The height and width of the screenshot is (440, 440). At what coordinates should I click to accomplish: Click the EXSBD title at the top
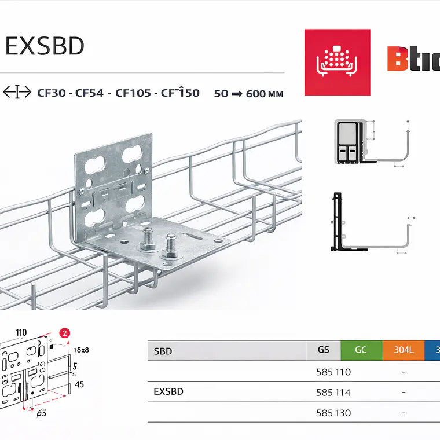45,47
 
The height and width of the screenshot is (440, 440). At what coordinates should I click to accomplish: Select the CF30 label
50,93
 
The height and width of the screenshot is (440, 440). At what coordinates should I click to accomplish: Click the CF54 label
90,93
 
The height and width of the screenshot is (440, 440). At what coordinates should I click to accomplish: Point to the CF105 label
133,93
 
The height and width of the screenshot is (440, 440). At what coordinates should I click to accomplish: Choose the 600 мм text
265,93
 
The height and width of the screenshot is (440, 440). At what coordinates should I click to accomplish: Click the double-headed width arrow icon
17,92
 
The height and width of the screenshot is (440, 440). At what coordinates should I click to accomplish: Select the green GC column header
361,350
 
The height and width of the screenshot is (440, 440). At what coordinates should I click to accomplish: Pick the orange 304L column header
404,350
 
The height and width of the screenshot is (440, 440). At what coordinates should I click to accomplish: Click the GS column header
324,350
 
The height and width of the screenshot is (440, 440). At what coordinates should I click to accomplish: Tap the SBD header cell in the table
163,351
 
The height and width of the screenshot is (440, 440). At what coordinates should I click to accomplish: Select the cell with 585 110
333,372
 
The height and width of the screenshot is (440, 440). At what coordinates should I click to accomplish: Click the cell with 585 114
333,392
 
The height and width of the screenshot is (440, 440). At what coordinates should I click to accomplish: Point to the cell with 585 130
333,413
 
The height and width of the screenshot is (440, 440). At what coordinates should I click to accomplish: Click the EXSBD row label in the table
168,392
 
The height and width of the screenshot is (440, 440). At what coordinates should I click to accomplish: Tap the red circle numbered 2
65,333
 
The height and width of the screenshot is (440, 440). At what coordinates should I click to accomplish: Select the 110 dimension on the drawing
21,332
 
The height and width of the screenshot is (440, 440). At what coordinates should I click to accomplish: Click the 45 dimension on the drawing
80,384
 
